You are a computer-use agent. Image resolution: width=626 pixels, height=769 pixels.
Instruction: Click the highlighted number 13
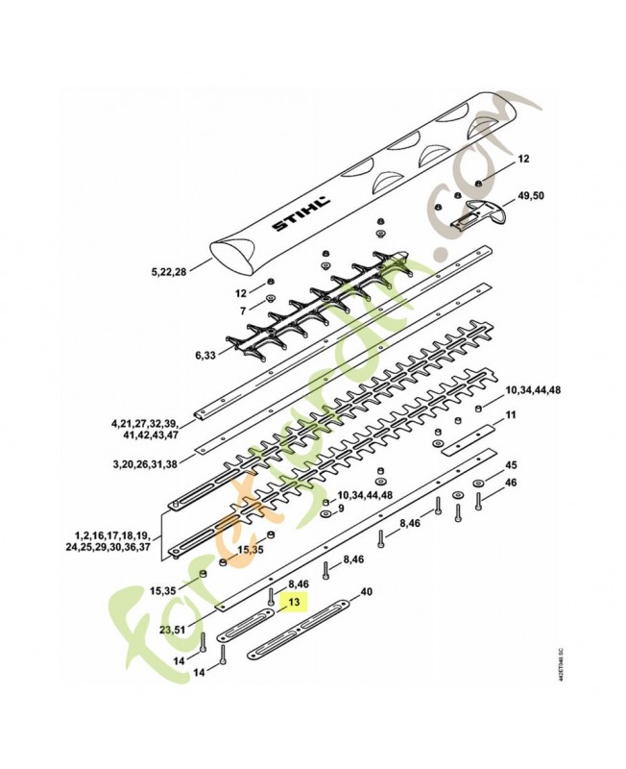[x=295, y=603]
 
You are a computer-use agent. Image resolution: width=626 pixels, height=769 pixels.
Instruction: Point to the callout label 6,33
[x=206, y=355]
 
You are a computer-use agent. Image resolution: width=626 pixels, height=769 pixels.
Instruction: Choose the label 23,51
[x=172, y=630]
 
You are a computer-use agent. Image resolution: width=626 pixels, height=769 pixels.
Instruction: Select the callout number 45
[x=511, y=464]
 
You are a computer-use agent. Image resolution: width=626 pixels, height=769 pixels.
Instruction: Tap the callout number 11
[x=511, y=415]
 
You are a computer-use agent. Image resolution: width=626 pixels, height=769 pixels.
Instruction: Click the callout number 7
[x=243, y=310]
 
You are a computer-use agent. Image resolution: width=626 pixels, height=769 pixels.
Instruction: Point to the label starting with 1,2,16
[x=109, y=540]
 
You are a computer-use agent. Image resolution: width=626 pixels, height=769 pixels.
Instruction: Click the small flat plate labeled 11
[x=466, y=438]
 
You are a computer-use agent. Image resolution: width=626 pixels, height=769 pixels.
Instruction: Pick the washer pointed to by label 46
[x=478, y=482]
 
